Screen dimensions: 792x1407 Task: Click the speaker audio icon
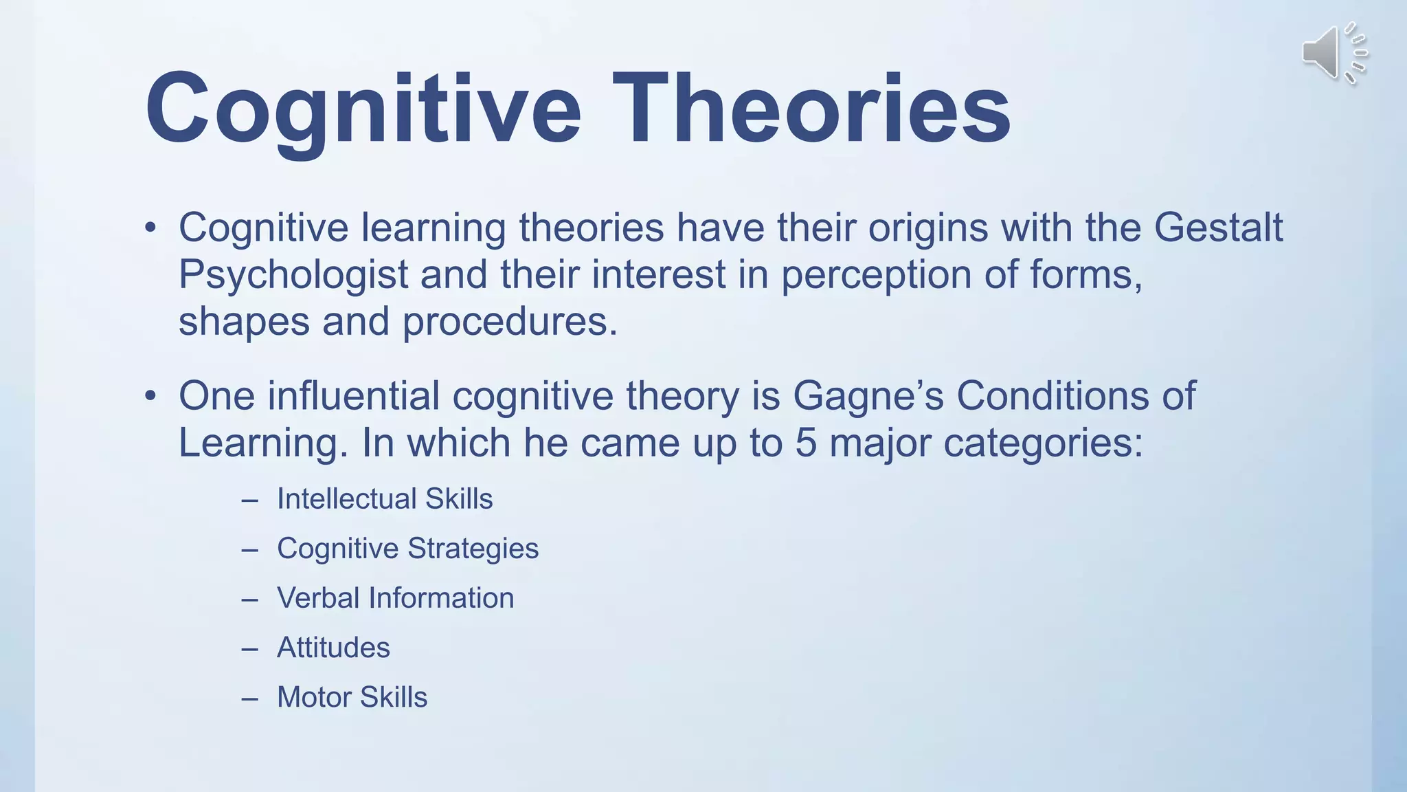tap(1333, 53)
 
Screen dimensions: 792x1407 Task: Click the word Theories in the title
tap(811, 109)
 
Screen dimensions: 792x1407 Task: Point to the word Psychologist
tap(293, 275)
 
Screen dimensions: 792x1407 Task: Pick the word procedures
tap(510, 322)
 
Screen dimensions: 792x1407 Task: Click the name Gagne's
tap(868, 396)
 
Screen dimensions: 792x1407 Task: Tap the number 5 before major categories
tap(805, 443)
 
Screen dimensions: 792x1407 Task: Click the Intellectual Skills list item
tap(385, 498)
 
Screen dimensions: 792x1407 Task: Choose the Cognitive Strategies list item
tap(407, 549)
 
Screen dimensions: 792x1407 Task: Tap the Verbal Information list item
tap(395, 598)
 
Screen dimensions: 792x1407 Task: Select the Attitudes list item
tap(333, 648)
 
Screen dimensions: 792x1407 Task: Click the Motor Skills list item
tap(352, 697)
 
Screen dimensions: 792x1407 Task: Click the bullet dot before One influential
tap(150, 397)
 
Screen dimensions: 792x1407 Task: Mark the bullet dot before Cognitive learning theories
tap(150, 228)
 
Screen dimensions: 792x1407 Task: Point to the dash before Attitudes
tap(250, 648)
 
